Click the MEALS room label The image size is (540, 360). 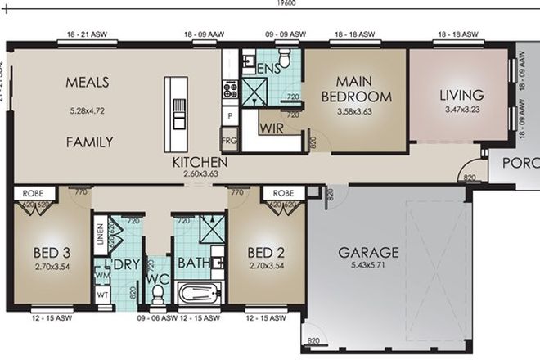88,83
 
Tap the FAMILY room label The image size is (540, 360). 89,142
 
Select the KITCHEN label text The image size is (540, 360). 199,163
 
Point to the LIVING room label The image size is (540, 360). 461,95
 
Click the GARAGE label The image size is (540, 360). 368,252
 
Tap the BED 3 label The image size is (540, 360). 47,252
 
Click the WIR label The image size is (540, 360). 271,128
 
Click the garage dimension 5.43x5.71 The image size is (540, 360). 368,266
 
